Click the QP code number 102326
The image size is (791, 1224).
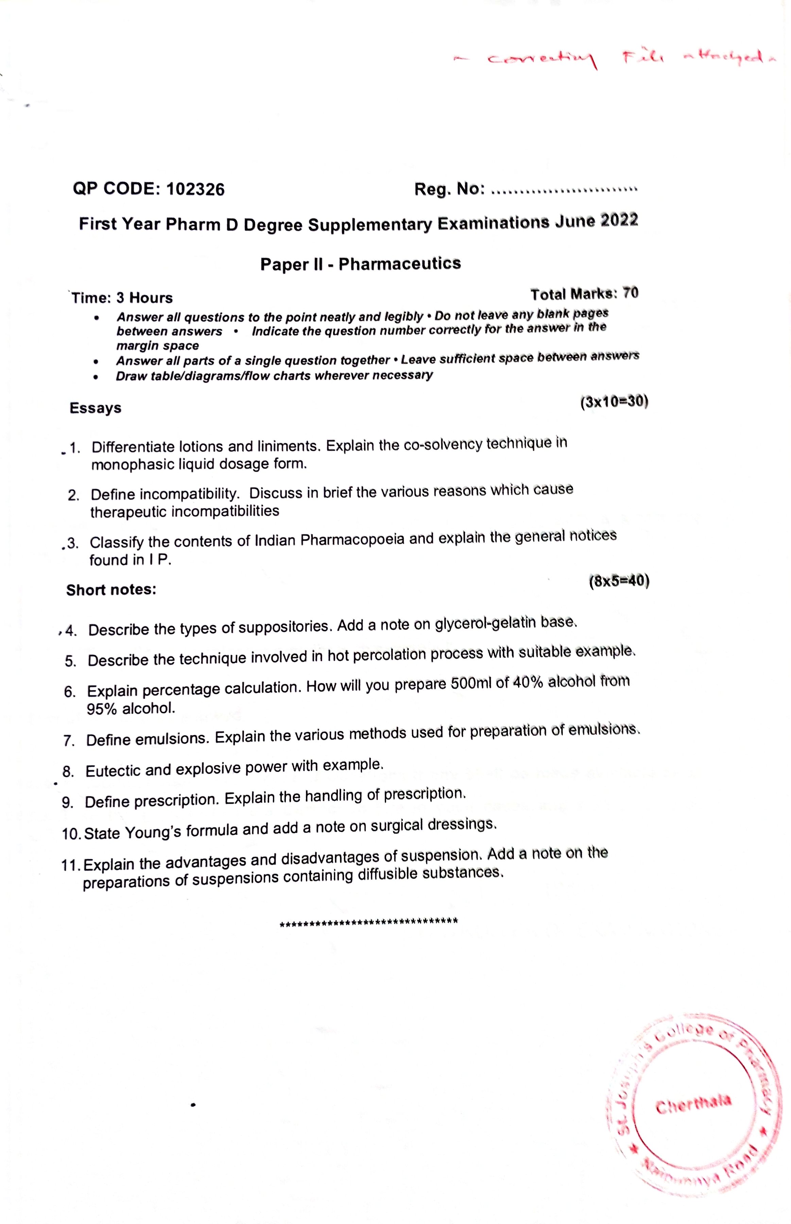tap(196, 189)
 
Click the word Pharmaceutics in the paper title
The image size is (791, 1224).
tap(400, 263)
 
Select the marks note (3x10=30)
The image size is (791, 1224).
tap(614, 402)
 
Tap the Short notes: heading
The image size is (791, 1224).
tap(111, 590)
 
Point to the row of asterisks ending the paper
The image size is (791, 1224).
tap(368, 921)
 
